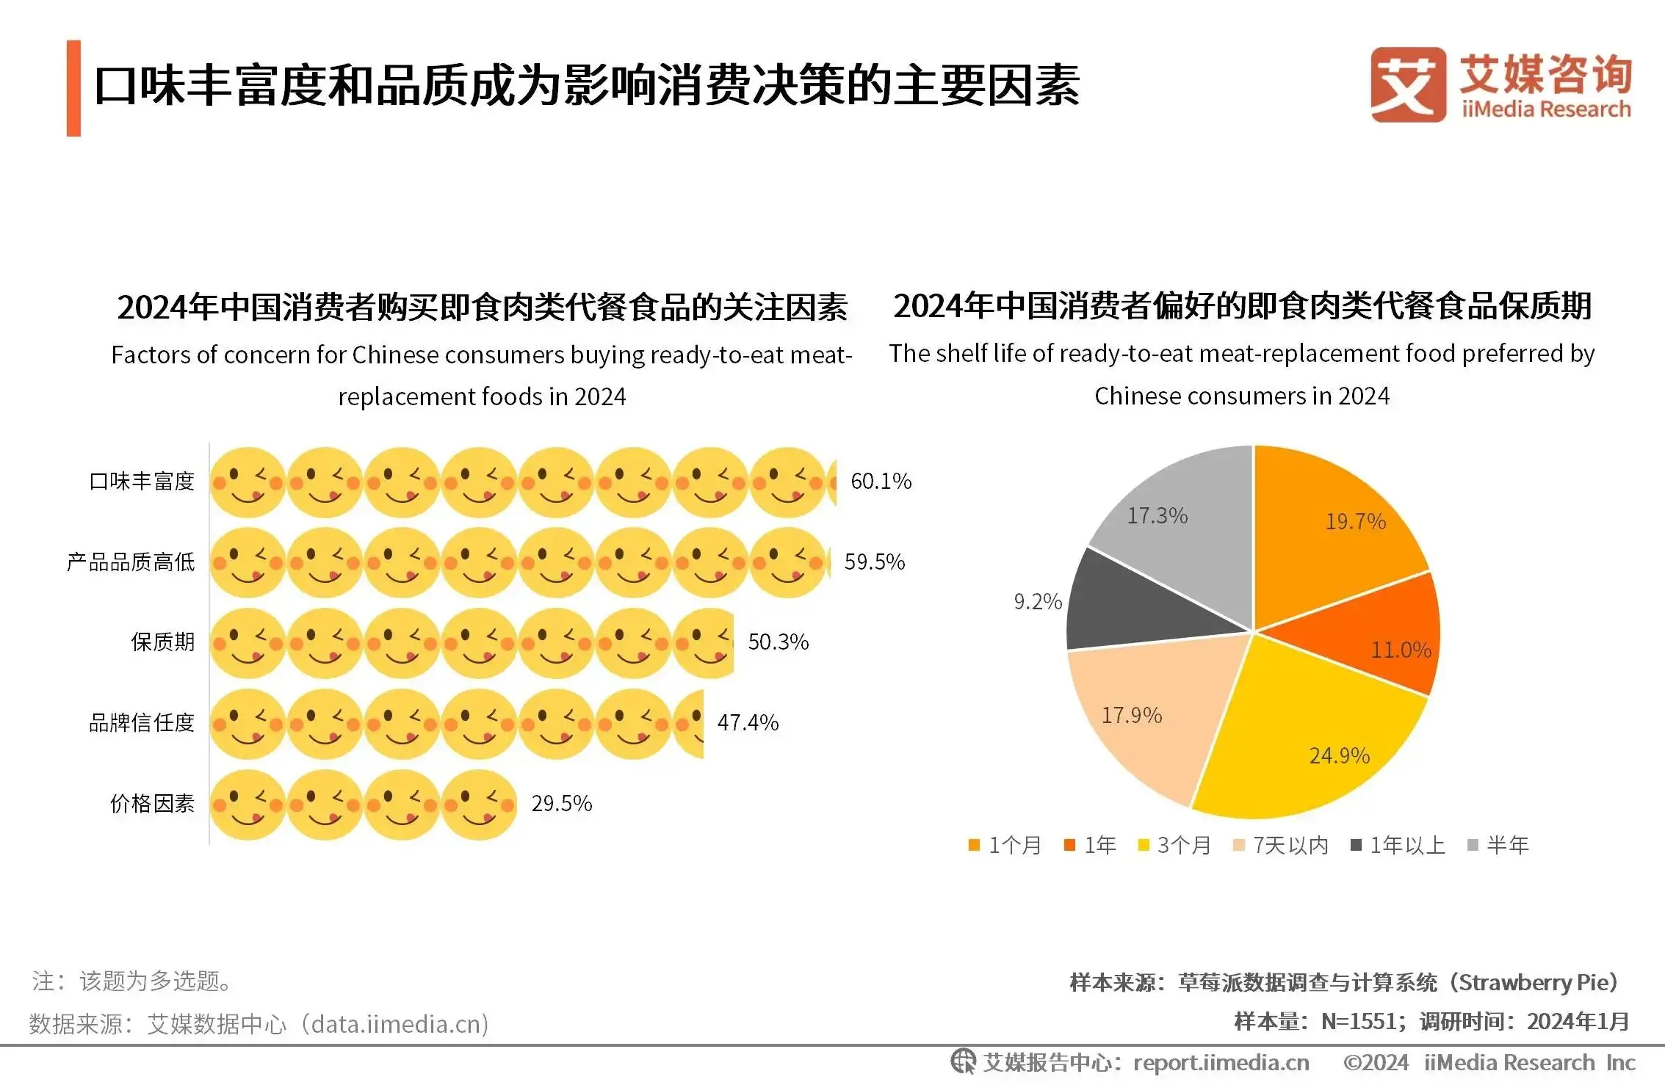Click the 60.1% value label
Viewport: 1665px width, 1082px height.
(880, 482)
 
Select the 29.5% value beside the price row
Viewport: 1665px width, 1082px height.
(561, 804)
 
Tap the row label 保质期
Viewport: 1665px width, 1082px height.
(162, 642)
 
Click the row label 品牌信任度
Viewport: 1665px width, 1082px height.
(141, 723)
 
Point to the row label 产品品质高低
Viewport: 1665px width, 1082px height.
(131, 562)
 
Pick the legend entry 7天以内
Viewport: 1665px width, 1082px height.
(1281, 846)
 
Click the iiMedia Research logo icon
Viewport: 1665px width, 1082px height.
(1407, 85)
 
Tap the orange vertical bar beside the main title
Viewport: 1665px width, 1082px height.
(73, 88)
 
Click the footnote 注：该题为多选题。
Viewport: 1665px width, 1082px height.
(132, 981)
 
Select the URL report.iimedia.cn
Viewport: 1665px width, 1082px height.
(1221, 1062)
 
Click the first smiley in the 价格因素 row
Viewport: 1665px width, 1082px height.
(248, 805)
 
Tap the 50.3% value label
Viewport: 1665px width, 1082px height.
(778, 642)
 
